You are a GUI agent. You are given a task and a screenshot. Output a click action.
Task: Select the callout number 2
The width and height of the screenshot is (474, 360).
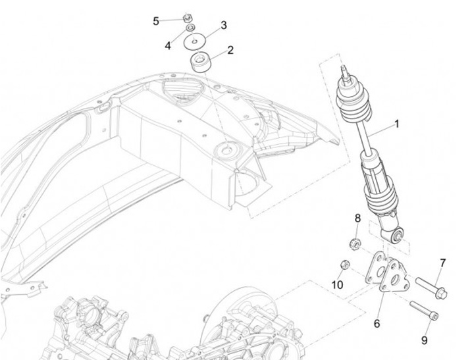(230, 50)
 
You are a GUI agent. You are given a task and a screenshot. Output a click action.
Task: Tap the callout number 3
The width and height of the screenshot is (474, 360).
(223, 26)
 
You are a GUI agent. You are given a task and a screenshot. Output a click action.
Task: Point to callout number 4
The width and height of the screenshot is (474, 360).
(168, 46)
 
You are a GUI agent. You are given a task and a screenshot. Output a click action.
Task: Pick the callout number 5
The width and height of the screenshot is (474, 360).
(156, 21)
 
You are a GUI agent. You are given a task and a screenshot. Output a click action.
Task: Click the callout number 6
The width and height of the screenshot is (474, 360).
(377, 323)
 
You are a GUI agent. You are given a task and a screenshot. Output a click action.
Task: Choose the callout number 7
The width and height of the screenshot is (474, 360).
(442, 263)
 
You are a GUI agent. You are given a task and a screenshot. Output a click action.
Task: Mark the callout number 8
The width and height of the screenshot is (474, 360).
(357, 218)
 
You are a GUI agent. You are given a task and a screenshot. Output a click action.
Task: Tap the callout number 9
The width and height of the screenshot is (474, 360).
(425, 340)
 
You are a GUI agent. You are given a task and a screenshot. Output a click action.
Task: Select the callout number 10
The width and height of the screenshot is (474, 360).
(338, 285)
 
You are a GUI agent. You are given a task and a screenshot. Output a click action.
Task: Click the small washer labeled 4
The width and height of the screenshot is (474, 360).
(190, 29)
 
